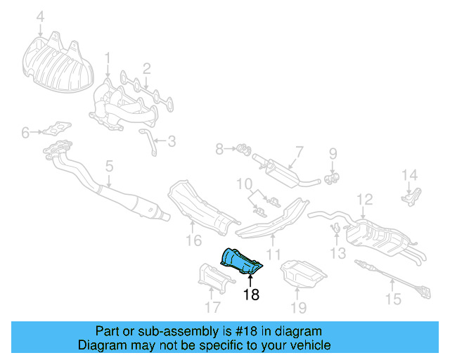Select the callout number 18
(x=251, y=295)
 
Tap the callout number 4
(x=40, y=16)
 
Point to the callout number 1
(x=108, y=56)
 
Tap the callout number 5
(x=109, y=167)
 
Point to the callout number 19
(x=299, y=307)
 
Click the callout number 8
(x=219, y=148)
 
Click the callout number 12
(x=364, y=200)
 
